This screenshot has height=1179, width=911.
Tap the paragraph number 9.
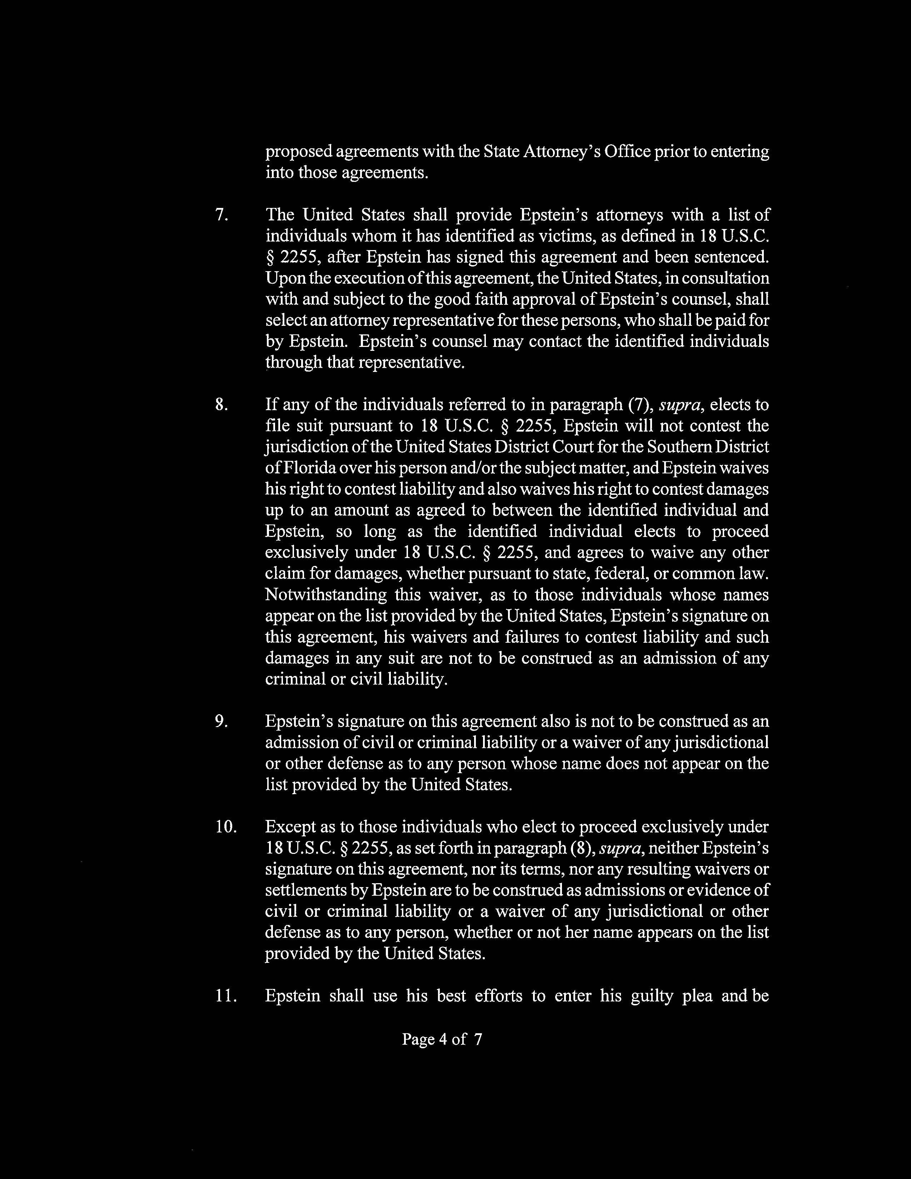pyautogui.click(x=221, y=722)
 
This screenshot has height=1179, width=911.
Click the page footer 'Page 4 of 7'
pyautogui.click(x=442, y=1039)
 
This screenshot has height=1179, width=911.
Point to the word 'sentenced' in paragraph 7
pyautogui.click(x=731, y=258)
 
